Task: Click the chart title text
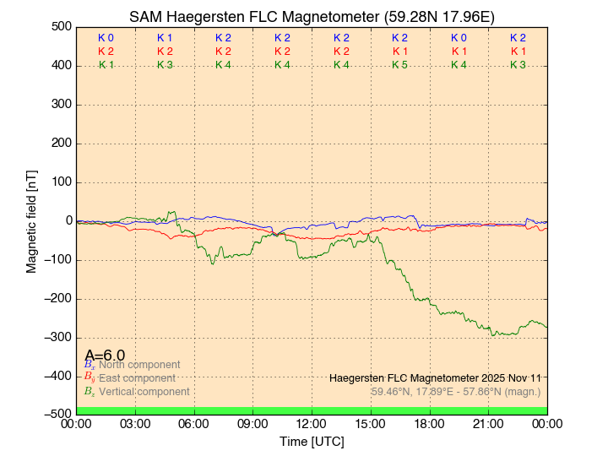click(312, 17)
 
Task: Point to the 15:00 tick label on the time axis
click(371, 423)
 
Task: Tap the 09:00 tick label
click(253, 423)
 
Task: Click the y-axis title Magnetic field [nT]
click(32, 221)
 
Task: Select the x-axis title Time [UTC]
click(312, 441)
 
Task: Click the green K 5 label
click(399, 65)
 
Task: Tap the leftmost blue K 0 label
click(106, 38)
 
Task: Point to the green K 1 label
click(106, 65)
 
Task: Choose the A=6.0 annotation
click(105, 356)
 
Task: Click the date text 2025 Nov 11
click(508, 377)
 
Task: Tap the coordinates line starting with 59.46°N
click(456, 391)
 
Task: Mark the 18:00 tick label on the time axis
click(430, 423)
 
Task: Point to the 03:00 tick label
click(136, 423)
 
